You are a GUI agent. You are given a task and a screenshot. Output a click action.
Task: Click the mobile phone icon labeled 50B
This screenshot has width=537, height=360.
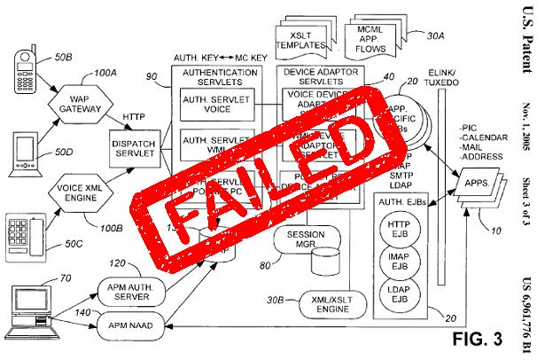[x=25, y=67]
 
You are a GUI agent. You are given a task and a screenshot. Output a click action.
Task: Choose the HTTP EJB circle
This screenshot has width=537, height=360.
[x=398, y=230]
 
